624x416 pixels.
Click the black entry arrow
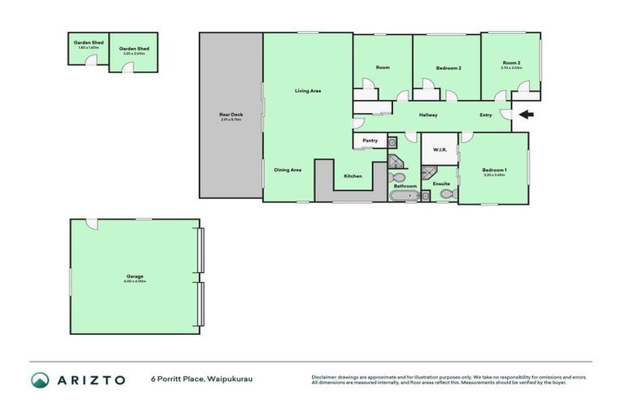tap(526, 115)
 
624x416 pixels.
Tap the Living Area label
tap(307, 91)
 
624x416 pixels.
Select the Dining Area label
tap(288, 170)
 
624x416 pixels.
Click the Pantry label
tap(370, 141)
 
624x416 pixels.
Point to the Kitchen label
tap(353, 176)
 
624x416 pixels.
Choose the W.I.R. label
tap(440, 149)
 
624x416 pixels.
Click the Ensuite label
tap(441, 184)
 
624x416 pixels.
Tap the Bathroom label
tap(405, 186)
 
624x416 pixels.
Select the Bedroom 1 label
tap(494, 169)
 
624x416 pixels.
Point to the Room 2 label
tap(511, 63)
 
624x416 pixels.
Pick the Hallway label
tap(428, 115)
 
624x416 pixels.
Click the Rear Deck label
tap(232, 115)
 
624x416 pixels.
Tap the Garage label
tap(135, 276)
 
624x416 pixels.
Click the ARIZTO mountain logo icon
tap(40, 379)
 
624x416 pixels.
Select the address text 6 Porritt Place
tap(175, 379)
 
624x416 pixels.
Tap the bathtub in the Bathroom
tap(405, 196)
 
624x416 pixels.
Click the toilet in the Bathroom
tap(396, 177)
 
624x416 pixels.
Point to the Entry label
tap(486, 115)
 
